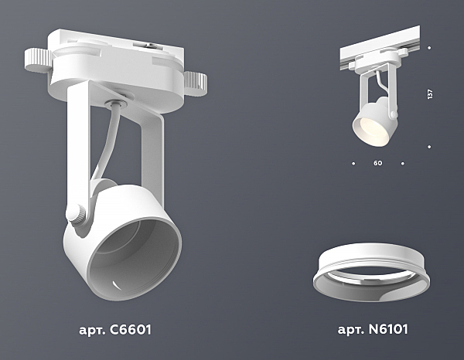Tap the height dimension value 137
(430, 94)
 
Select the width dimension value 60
(377, 163)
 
